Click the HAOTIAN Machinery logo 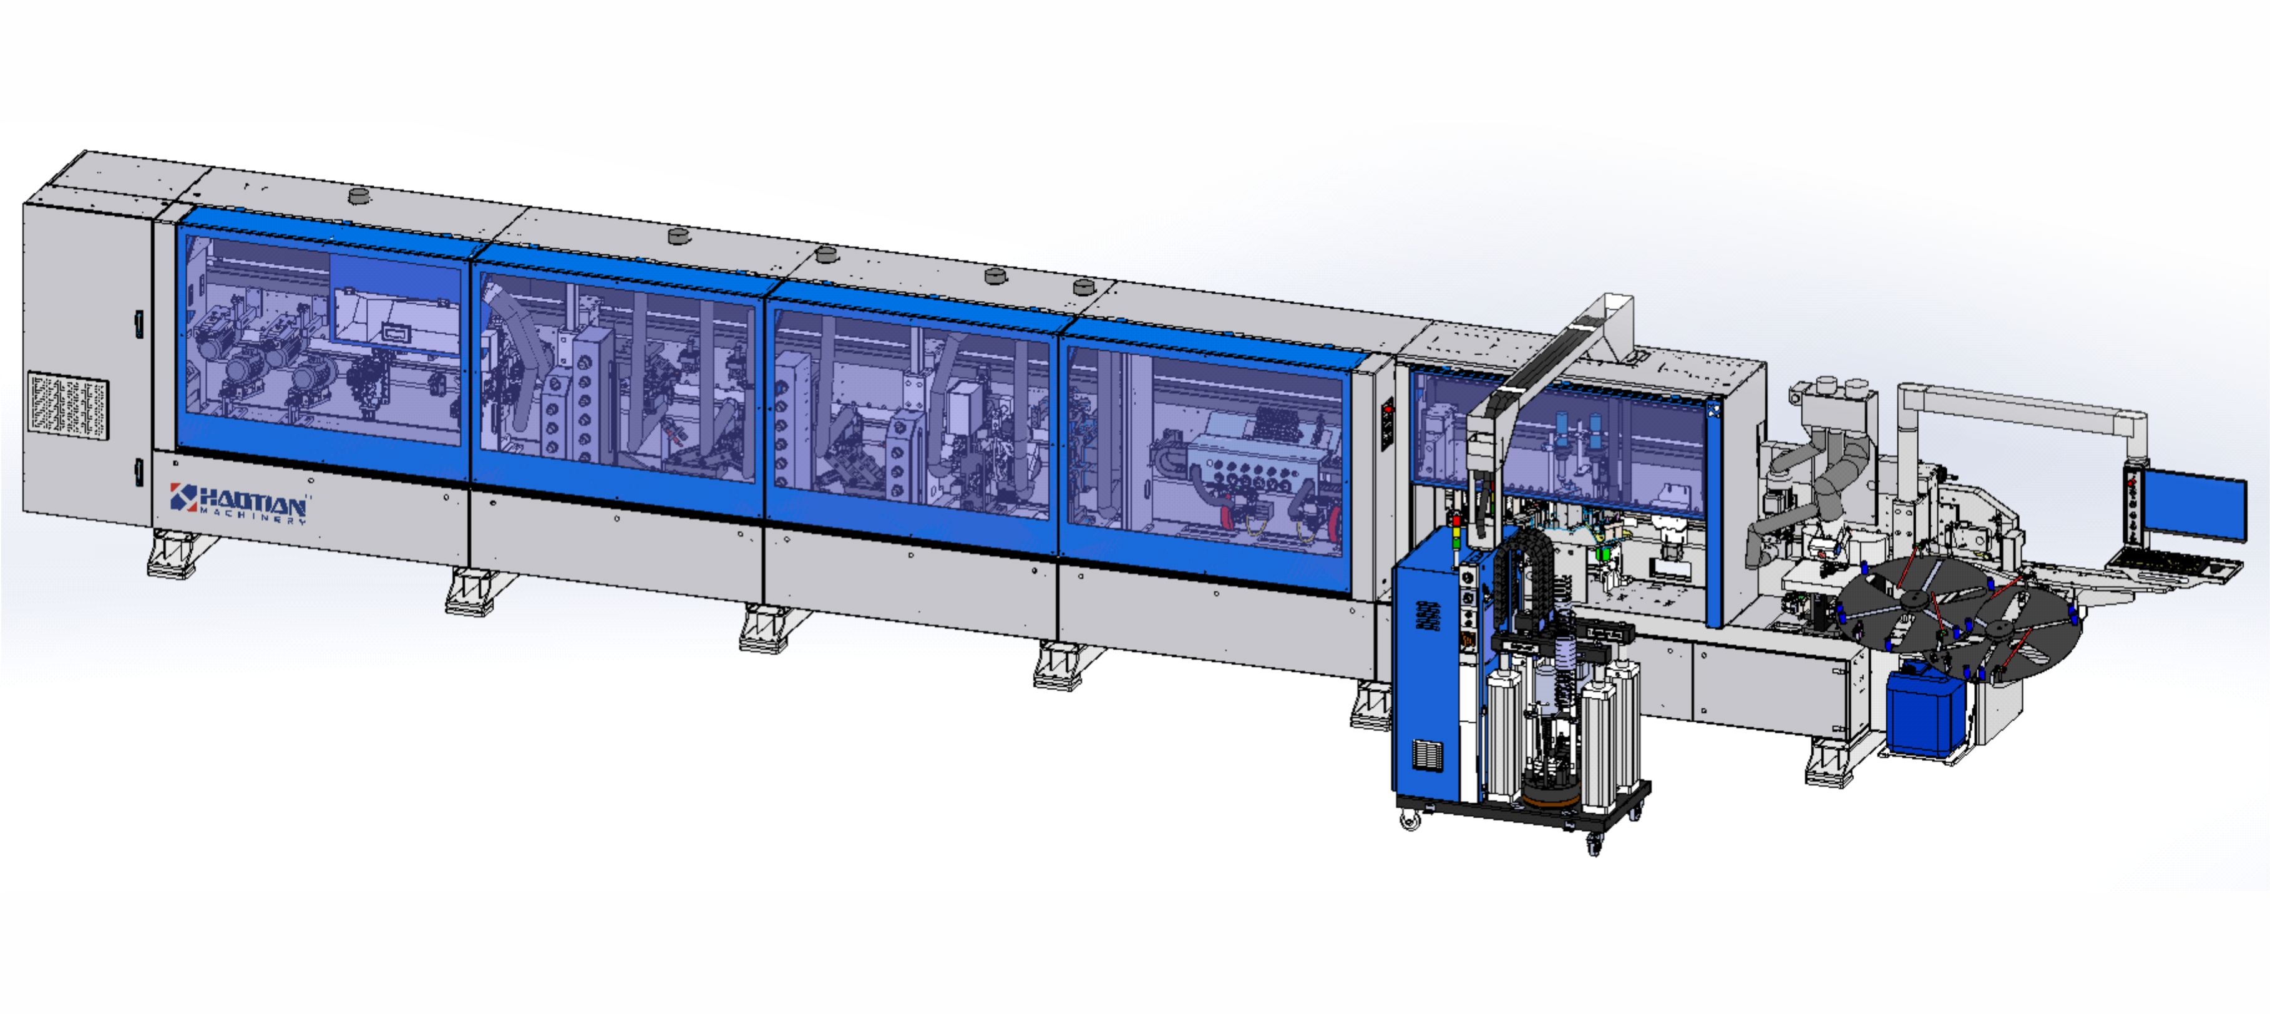[239, 503]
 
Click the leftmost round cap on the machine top [358, 196]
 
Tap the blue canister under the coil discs [1926, 713]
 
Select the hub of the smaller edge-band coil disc [1999, 628]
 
